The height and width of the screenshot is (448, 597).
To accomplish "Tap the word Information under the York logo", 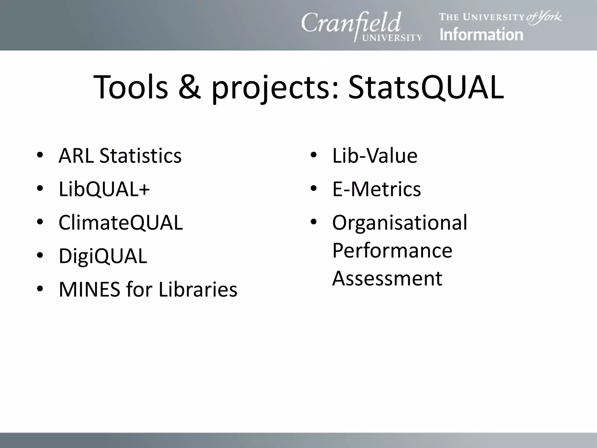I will coord(481,35).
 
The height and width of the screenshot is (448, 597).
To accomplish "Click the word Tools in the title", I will coord(131,87).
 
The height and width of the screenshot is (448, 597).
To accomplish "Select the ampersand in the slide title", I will coord(189,87).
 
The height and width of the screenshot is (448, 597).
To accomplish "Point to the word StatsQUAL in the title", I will coord(426,87).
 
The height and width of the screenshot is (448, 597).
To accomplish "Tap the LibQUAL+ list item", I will coord(104,189).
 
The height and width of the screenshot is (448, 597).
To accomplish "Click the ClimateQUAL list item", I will coord(120,223).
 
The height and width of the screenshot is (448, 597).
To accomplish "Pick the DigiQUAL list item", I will coord(103,256).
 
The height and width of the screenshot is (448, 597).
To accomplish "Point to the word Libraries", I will coord(198,289).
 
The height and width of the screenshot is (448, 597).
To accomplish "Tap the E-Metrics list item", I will coord(376,189).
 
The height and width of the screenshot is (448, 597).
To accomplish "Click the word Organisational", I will coord(399,223).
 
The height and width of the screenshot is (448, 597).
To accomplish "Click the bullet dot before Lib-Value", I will coord(313,155).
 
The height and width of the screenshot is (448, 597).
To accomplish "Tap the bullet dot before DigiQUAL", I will coord(40,256).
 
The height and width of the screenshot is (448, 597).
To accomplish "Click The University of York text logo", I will coord(500,17).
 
